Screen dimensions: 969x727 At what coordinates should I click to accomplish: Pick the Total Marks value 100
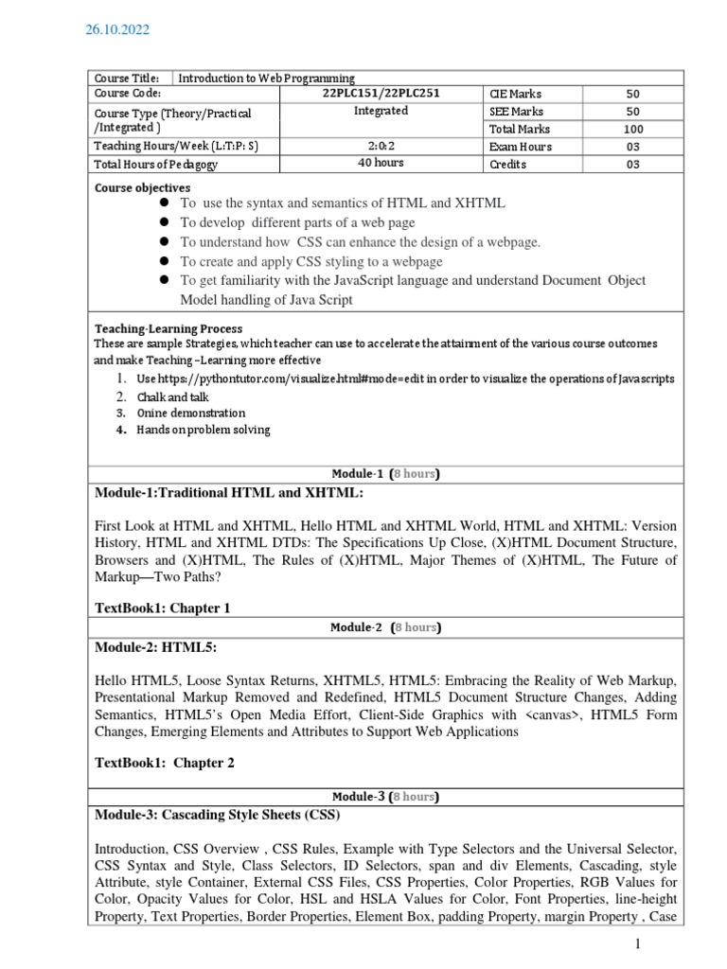coord(633,129)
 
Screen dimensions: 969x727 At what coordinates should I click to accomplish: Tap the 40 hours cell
coord(381,163)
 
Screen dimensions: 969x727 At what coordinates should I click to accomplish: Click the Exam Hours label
coord(520,147)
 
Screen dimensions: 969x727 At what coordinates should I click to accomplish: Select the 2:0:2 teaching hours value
coord(381,146)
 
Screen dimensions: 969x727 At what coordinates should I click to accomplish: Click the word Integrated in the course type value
coord(381,111)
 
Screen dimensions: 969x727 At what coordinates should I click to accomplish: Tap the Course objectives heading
coord(142,187)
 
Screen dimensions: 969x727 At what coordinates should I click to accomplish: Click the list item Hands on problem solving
coord(203,430)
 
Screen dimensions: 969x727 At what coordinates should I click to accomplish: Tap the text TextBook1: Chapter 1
coord(163,608)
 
